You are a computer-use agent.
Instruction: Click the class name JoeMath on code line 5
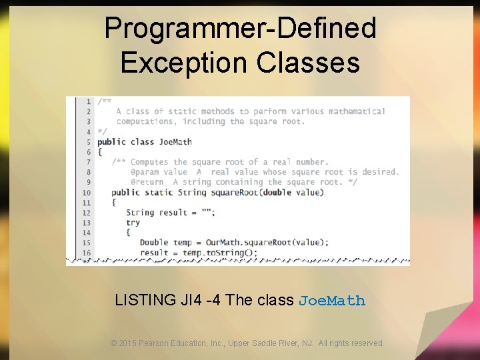[x=175, y=142]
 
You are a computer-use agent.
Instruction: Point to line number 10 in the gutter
[x=86, y=193]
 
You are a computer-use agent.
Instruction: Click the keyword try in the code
[x=133, y=223]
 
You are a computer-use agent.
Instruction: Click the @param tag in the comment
[x=145, y=172]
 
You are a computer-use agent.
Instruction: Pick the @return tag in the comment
[x=147, y=182]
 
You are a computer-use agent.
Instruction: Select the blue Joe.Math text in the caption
[x=332, y=301]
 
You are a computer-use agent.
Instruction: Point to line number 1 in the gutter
[x=88, y=101]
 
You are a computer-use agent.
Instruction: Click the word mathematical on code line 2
[x=357, y=111]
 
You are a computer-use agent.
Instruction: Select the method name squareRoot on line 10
[x=234, y=193]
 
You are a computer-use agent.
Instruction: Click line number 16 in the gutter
[x=86, y=253]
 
